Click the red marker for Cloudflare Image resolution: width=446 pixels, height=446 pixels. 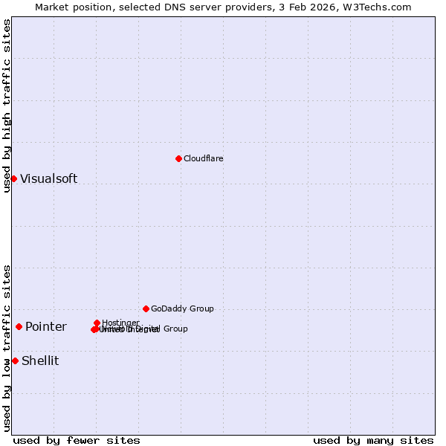pos(178,158)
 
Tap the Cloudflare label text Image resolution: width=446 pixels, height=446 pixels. pos(203,158)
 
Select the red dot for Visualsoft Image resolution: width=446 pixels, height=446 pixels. pos(13,178)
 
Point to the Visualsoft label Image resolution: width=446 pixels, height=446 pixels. pos(48,178)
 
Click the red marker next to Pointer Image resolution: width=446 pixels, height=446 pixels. pos(19,326)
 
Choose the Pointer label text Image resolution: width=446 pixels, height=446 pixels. pos(45,327)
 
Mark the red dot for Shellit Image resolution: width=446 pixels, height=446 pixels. pos(15,361)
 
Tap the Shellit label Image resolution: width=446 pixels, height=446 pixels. pos(40,361)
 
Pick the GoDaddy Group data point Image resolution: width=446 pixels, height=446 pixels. pos(146,308)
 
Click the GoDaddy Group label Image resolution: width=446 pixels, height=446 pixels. pos(182,308)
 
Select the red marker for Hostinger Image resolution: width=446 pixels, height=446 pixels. pos(97,323)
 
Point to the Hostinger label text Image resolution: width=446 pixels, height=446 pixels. pos(120,323)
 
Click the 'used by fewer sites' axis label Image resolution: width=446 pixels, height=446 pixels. pos(77,440)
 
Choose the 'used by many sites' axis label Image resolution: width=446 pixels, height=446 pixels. pos(373,440)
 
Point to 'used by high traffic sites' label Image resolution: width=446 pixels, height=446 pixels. pos(7,106)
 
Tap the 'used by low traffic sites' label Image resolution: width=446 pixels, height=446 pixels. pos(7,347)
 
